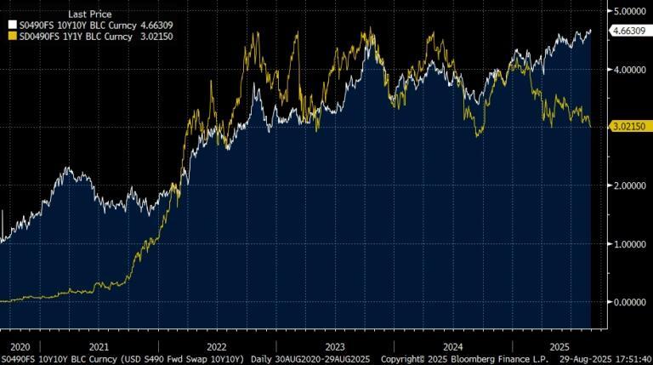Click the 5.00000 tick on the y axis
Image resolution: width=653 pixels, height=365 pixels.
[628, 11]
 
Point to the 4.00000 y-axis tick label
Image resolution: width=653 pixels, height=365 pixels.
[628, 70]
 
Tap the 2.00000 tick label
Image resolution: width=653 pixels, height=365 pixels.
[628, 185]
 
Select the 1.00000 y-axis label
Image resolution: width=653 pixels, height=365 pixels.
[628, 244]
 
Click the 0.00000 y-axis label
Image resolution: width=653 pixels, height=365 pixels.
[628, 302]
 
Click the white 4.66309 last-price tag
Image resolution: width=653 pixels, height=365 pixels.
[630, 31]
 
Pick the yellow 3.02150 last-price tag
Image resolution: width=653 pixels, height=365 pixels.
[630, 126]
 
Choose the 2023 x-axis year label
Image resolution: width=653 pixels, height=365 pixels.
[334, 346]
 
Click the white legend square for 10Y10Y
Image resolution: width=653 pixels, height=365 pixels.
[10, 26]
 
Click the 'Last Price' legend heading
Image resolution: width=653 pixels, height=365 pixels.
[89, 14]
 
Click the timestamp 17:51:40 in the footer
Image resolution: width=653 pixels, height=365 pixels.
[627, 359]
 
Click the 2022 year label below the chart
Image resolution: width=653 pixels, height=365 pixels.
[216, 346]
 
